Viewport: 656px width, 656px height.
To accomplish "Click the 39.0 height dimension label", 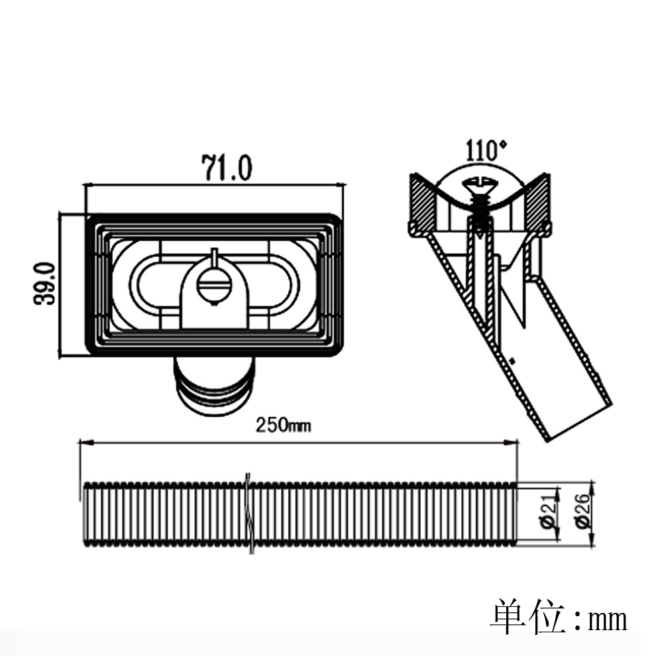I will point(46,284).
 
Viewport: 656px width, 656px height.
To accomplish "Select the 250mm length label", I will point(284,425).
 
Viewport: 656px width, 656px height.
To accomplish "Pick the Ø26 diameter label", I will point(584,514).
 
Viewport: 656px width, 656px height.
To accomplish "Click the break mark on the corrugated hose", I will point(248,514).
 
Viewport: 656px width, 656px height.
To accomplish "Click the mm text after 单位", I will point(607,620).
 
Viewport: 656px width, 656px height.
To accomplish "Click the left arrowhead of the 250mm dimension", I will point(85,442).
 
